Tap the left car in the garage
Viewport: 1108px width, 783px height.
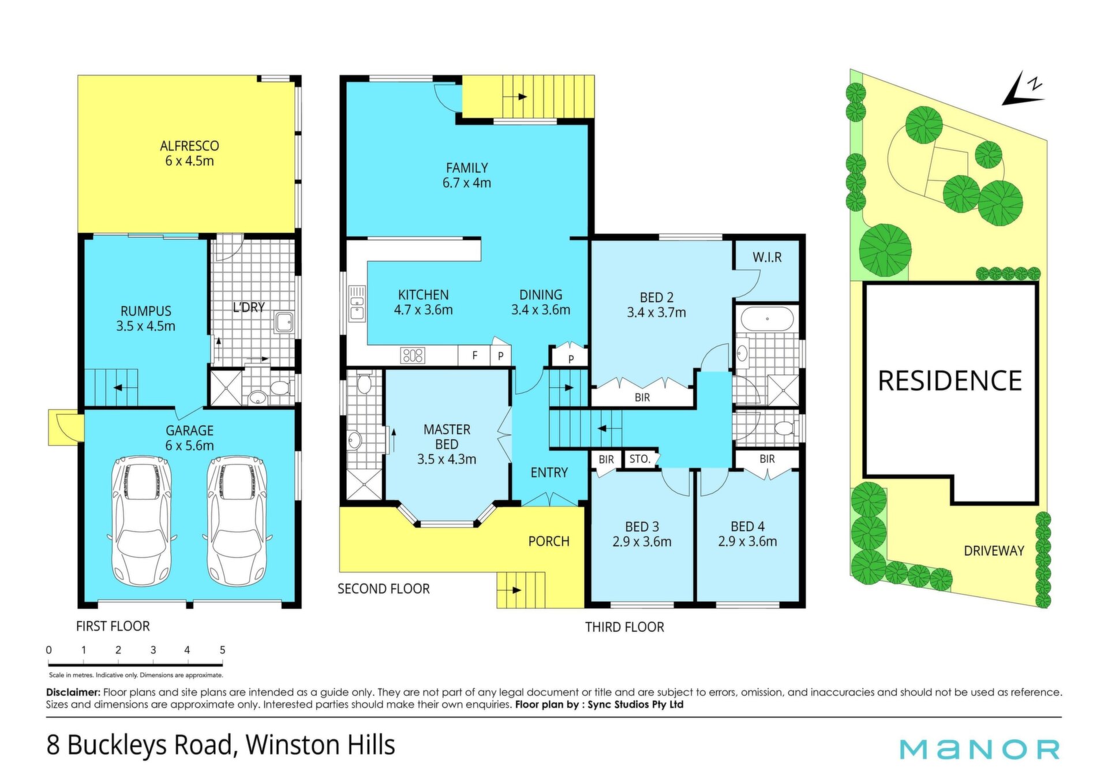[x=142, y=521]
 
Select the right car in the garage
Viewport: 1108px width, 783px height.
[x=237, y=521]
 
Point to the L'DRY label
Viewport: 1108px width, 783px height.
[x=249, y=308]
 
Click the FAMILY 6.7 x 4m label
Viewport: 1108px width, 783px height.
[x=467, y=175]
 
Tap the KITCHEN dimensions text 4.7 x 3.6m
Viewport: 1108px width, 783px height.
[x=423, y=310]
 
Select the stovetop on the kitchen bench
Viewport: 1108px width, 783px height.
[x=413, y=355]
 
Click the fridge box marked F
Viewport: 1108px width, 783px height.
[x=474, y=355]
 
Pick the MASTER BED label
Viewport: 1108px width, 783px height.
[x=447, y=437]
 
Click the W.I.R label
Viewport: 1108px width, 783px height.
[x=767, y=257]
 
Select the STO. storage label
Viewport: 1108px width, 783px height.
[x=639, y=459]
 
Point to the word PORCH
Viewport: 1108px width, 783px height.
[x=549, y=541]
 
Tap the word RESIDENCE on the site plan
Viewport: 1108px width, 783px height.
[x=950, y=381]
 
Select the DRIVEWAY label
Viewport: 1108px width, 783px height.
[x=994, y=551]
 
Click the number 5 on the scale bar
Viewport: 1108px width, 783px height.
[x=222, y=650]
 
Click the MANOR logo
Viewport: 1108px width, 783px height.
[x=979, y=749]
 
